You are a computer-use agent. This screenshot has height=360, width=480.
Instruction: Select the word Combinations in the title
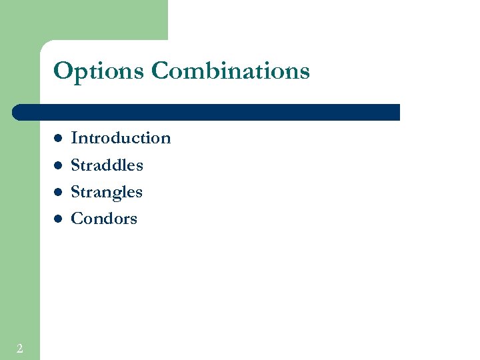click(x=231, y=71)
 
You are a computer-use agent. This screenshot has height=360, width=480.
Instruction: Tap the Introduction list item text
click(x=121, y=138)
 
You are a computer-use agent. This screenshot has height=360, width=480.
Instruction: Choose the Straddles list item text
click(x=107, y=165)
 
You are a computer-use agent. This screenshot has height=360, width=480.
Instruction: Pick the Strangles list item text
click(x=107, y=192)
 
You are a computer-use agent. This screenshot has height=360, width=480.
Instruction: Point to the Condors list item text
click(x=104, y=219)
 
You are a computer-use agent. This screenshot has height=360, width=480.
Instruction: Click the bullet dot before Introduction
click(x=58, y=139)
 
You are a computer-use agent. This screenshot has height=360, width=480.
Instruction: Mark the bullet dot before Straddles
click(x=58, y=165)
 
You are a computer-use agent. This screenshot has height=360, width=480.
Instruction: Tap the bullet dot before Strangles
click(x=58, y=192)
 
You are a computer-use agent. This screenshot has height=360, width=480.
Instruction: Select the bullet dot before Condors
click(x=58, y=219)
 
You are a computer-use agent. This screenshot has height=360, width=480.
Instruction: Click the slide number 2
click(x=20, y=348)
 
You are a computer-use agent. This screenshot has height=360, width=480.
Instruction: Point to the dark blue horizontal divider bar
click(x=207, y=112)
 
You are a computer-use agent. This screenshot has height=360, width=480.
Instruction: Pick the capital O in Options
click(x=63, y=71)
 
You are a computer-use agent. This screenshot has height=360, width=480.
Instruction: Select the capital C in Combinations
click(x=161, y=71)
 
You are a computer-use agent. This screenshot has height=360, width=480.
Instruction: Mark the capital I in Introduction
click(x=74, y=138)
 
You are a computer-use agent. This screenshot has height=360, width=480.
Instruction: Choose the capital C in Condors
click(x=77, y=219)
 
